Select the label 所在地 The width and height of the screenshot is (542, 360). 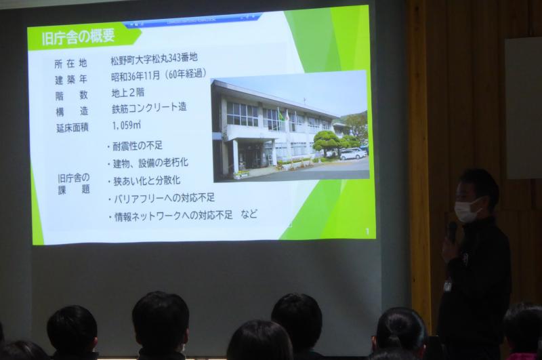[x=70, y=64]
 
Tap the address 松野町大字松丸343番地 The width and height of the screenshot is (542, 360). [x=154, y=58]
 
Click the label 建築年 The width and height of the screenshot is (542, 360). [x=71, y=80]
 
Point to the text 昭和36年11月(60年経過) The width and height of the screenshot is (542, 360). [x=159, y=75]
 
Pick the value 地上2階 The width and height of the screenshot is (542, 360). [x=128, y=93]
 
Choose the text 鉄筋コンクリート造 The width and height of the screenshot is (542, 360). [x=149, y=108]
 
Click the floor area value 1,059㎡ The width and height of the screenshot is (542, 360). [x=127, y=125]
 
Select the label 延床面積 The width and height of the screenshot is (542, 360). [x=72, y=128]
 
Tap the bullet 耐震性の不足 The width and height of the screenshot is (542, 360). [x=135, y=146]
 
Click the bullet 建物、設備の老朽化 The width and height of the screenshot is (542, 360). [x=148, y=163]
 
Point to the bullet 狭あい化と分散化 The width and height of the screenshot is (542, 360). [x=144, y=180]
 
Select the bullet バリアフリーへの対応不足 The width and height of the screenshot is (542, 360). [x=161, y=198]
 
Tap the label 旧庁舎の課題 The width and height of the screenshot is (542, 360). [x=74, y=184]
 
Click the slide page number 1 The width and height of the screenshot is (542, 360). [x=367, y=232]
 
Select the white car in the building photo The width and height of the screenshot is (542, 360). [x=352, y=154]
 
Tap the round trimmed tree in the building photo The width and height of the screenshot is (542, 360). [x=326, y=141]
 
